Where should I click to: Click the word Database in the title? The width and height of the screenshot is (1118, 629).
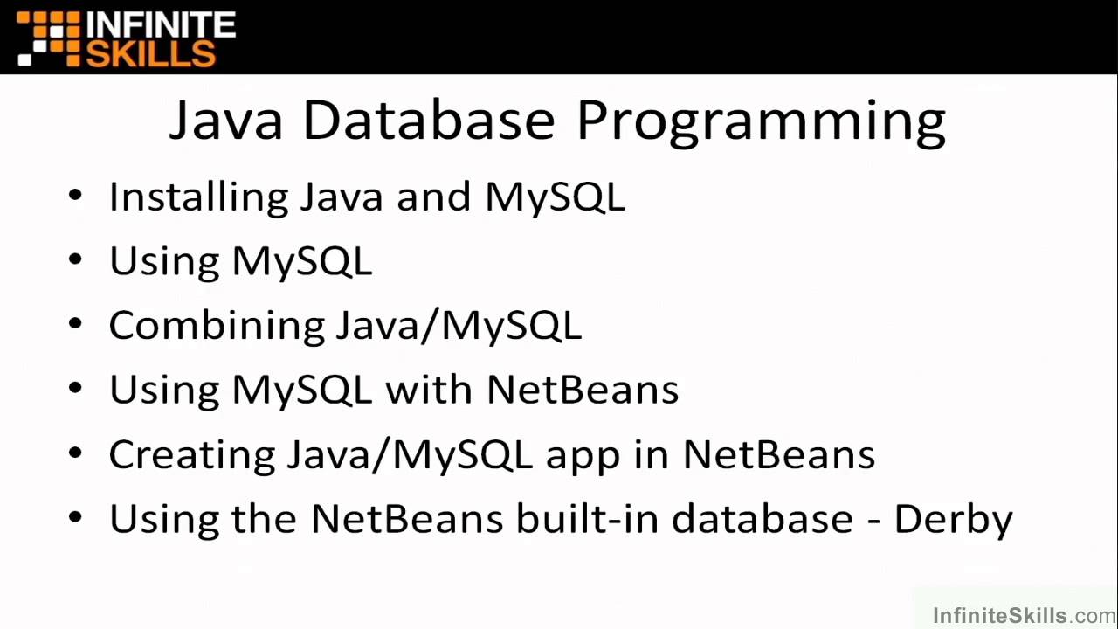(x=428, y=120)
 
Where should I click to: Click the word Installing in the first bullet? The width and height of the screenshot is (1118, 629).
(x=198, y=197)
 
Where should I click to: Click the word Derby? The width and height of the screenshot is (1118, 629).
(x=953, y=520)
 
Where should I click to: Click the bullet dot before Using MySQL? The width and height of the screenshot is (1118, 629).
(x=75, y=259)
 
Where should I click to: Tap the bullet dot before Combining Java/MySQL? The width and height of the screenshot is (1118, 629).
(x=75, y=324)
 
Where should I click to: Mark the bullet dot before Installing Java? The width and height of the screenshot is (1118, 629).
(x=75, y=195)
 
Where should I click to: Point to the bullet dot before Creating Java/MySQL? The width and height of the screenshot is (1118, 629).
(x=75, y=453)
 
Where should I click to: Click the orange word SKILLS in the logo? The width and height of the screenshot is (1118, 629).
(x=150, y=53)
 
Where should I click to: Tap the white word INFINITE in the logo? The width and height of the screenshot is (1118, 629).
(x=161, y=24)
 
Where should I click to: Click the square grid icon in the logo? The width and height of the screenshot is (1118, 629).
(x=49, y=38)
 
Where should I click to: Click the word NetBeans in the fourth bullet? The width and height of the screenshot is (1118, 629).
(x=583, y=390)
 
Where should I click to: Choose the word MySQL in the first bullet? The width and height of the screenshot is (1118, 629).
(x=555, y=197)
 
